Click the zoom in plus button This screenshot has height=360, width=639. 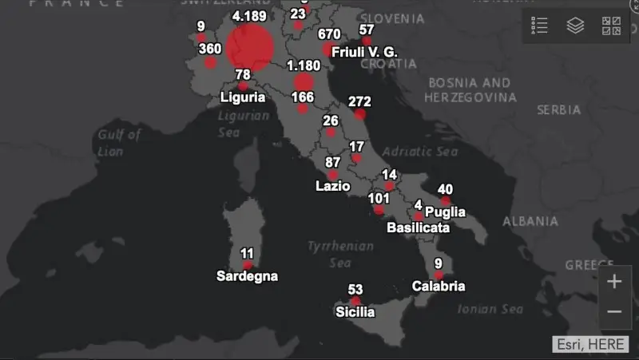click(614, 282)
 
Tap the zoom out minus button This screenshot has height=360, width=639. click(614, 311)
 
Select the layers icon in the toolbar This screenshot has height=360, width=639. click(575, 26)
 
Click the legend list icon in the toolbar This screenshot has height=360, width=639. click(540, 26)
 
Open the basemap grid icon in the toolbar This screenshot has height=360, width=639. click(611, 26)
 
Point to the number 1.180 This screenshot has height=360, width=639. click(304, 65)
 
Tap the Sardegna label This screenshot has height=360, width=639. click(248, 276)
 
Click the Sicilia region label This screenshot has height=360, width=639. click(355, 312)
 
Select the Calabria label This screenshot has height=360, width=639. click(439, 286)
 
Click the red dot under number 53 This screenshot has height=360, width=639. click(356, 301)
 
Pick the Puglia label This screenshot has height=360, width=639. click(445, 212)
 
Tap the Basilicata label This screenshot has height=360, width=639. click(418, 227)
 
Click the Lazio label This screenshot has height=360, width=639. click(333, 186)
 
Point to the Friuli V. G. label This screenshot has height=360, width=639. click(364, 52)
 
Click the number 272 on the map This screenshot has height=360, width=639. click(359, 102)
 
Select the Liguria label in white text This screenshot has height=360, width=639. click(243, 97)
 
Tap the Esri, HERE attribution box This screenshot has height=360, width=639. click(589, 343)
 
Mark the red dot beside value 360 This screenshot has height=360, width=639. click(210, 62)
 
